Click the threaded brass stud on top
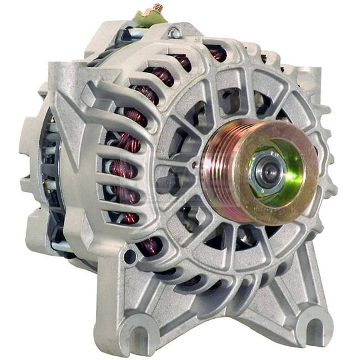[158, 7]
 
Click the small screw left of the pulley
[196, 165]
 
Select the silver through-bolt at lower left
[62, 246]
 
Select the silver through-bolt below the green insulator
[134, 34]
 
